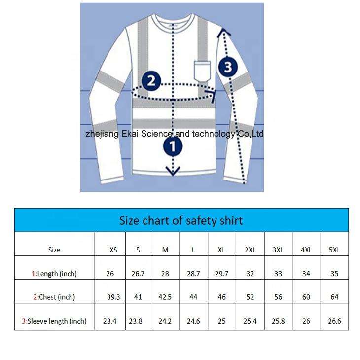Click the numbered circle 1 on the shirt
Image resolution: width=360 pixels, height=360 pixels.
[x=173, y=146]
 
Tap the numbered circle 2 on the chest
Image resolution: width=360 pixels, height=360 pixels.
[x=151, y=80]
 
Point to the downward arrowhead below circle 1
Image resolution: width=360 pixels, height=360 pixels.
[x=173, y=171]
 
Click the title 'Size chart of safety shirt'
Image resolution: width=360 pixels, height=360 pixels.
[x=181, y=220]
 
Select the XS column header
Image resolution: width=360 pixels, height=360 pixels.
[x=113, y=250]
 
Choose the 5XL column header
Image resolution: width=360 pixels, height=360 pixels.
[x=334, y=250]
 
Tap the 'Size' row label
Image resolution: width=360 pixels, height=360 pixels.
[x=54, y=250]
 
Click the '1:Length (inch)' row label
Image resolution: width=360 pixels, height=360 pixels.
[x=54, y=273]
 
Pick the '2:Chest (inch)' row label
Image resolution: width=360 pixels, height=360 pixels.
[x=54, y=297]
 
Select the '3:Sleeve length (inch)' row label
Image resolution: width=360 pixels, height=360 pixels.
[x=54, y=321]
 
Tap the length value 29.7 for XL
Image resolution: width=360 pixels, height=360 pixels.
[x=221, y=273]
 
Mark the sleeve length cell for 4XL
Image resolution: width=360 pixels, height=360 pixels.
[x=306, y=321]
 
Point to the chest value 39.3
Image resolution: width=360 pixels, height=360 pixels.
[x=113, y=297]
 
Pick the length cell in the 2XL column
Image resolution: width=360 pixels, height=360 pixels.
[x=250, y=273]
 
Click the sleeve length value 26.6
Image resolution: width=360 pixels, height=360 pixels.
[x=334, y=321]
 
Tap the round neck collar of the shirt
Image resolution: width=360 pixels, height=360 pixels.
[x=172, y=21]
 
